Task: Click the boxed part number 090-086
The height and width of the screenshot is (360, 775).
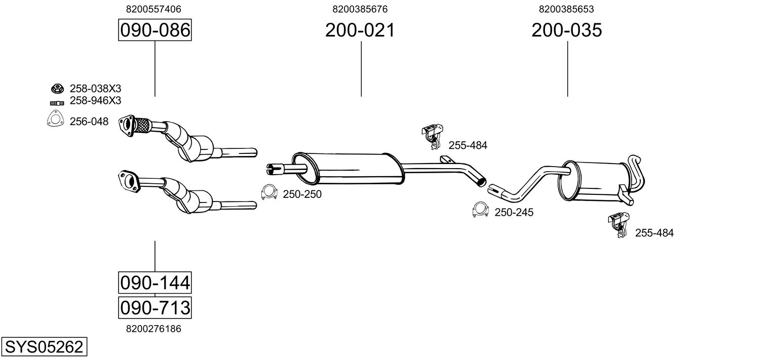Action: [154, 30]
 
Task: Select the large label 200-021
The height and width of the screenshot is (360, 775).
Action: [360, 30]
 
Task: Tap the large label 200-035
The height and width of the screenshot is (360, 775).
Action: [567, 30]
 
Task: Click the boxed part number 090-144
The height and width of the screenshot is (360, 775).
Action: [154, 282]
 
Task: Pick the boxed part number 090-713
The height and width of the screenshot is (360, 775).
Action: [154, 307]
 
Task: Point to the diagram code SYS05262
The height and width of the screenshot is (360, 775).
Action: [44, 347]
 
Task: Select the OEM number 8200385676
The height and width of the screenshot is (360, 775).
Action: [360, 9]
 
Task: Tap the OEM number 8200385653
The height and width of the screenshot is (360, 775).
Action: [566, 9]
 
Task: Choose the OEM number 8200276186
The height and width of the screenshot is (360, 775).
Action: [153, 329]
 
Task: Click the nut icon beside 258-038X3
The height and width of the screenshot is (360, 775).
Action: [56, 89]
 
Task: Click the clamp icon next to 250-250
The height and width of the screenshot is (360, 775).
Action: [269, 193]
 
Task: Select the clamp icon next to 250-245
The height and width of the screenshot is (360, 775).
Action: [480, 210]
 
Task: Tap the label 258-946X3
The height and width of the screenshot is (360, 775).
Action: [95, 101]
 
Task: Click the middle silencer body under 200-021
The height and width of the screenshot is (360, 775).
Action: [350, 168]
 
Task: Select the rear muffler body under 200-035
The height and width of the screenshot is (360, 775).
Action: [593, 181]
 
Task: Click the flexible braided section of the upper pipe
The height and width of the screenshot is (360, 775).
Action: [143, 126]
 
